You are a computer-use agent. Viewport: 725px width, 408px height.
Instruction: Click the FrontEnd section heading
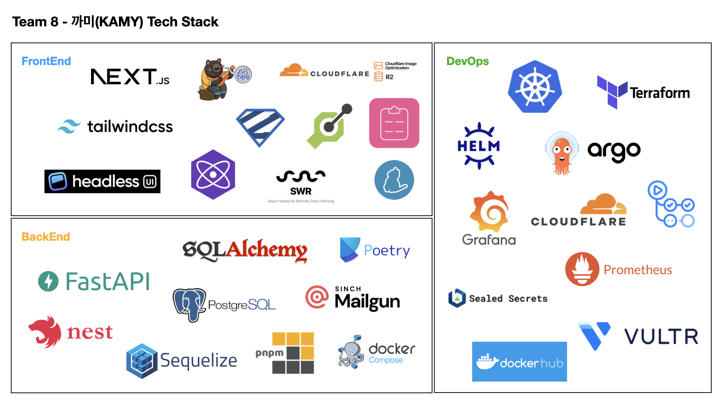pyautogui.click(x=46, y=61)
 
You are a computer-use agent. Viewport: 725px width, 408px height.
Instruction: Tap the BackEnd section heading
pyautogui.click(x=46, y=237)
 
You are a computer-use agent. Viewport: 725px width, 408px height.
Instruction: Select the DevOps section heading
pyautogui.click(x=467, y=61)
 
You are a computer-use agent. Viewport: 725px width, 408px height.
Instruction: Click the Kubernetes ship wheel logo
pyautogui.click(x=535, y=87)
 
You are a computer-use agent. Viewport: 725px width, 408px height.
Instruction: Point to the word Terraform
pyautogui.click(x=660, y=93)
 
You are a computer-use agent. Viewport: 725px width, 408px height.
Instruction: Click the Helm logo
pyautogui.click(x=479, y=146)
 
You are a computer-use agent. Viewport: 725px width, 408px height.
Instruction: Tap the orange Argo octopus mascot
pyautogui.click(x=562, y=153)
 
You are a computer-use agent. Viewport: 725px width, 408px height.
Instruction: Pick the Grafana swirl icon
pyautogui.click(x=489, y=211)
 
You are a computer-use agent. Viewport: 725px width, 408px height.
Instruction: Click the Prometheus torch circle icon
pyautogui.click(x=582, y=269)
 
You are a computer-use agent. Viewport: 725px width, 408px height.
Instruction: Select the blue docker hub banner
pyautogui.click(x=519, y=362)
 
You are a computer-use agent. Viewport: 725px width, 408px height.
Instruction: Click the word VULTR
pyautogui.click(x=661, y=337)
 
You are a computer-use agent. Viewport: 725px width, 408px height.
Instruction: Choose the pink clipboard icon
pyautogui.click(x=394, y=123)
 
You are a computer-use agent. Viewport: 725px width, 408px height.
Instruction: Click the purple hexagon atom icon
pyautogui.click(x=213, y=175)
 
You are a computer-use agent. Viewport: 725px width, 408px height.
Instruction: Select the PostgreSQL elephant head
pyautogui.click(x=189, y=304)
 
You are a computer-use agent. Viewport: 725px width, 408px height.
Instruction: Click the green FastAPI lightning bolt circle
pyautogui.click(x=48, y=281)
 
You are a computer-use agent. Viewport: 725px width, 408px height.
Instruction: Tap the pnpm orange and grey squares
pyautogui.click(x=293, y=353)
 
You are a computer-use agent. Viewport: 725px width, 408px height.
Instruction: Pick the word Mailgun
pyautogui.click(x=367, y=302)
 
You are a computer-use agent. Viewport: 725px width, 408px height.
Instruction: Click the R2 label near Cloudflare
pyautogui.click(x=389, y=77)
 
